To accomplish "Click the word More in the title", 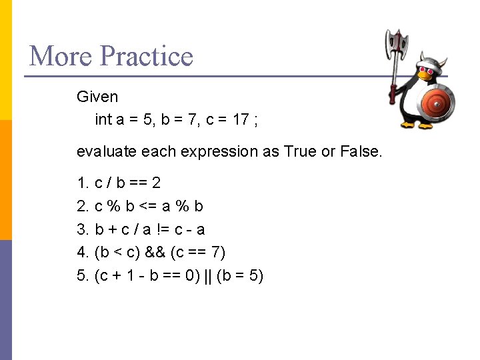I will (x=59, y=56).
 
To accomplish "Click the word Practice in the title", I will (x=146, y=56).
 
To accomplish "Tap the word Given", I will (x=97, y=97).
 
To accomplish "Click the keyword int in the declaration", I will (x=103, y=120).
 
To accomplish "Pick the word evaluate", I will (x=106, y=151).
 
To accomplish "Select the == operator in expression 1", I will (x=139, y=183).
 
